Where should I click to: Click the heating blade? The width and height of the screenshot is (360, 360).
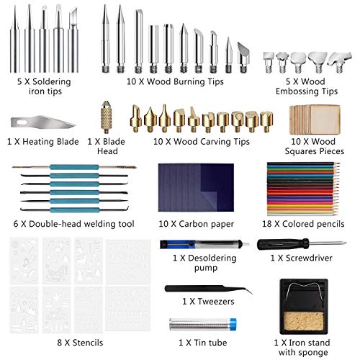[43, 122]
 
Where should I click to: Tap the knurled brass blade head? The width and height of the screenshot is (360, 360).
[106, 117]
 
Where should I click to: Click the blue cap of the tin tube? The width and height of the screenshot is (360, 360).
[233, 324]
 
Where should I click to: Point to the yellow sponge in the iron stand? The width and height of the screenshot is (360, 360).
[304, 321]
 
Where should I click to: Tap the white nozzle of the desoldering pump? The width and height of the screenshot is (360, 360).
[246, 244]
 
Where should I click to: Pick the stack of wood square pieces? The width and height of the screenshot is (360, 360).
[315, 120]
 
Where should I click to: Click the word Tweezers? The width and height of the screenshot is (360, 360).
[216, 302]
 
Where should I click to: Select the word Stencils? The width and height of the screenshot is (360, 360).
[88, 343]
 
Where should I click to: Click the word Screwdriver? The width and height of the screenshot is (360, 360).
[309, 258]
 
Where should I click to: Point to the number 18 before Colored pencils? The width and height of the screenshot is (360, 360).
[266, 224]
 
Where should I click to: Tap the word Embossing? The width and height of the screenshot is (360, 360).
[297, 91]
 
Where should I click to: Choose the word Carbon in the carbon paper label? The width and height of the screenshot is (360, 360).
[193, 224]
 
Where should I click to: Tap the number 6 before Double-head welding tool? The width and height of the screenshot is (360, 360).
[16, 224]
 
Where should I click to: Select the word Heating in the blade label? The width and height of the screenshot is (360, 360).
[36, 142]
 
